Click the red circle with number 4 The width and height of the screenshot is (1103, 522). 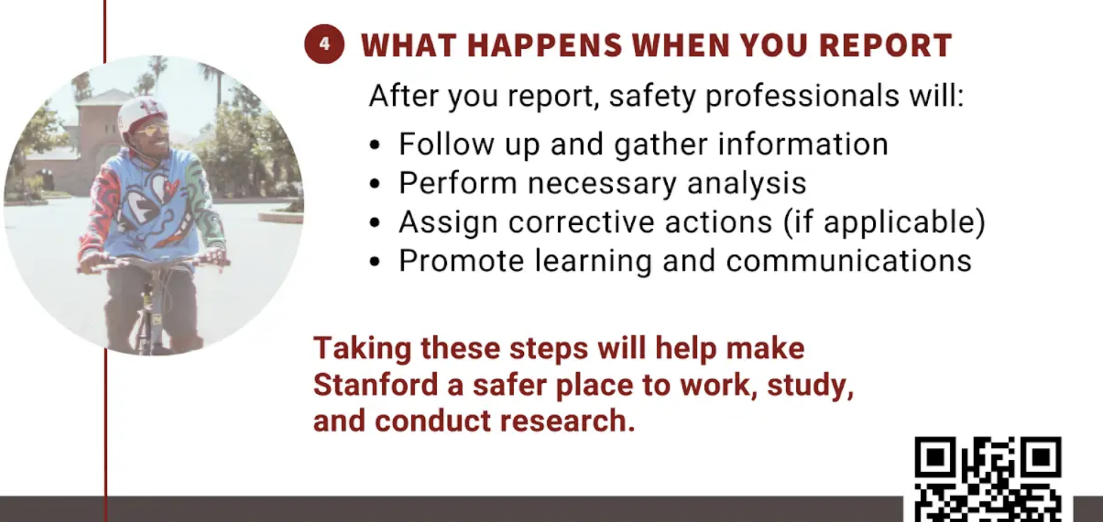(324, 44)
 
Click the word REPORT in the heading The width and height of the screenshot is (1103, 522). (885, 45)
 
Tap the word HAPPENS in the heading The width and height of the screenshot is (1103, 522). (545, 45)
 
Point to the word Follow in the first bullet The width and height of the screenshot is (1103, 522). (446, 144)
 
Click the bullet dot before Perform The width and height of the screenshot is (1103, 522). (374, 184)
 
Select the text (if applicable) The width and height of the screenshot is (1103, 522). (884, 222)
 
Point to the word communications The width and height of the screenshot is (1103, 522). (848, 261)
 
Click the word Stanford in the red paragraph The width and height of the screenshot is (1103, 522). (376, 384)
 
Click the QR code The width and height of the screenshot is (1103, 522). (988, 479)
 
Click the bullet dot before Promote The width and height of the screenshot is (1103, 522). (374, 262)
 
